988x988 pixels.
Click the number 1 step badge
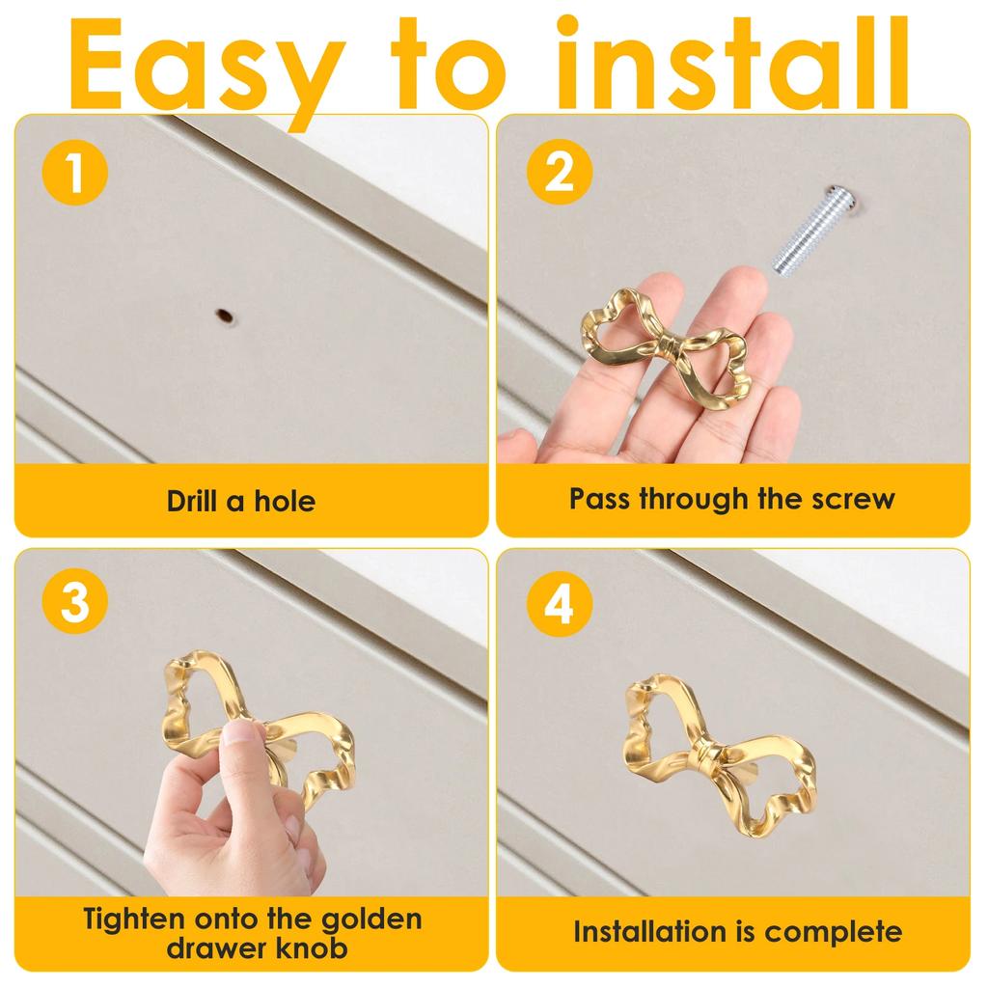click(x=75, y=173)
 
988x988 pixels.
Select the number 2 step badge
click(x=560, y=173)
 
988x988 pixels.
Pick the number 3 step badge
click(x=75, y=601)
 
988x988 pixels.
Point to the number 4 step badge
click(x=560, y=603)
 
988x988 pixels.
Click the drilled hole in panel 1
click(x=224, y=316)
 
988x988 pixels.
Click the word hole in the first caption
click(x=285, y=501)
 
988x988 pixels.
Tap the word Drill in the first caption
click(x=192, y=501)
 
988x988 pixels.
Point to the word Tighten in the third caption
click(x=134, y=919)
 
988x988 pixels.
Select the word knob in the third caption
click(x=312, y=947)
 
